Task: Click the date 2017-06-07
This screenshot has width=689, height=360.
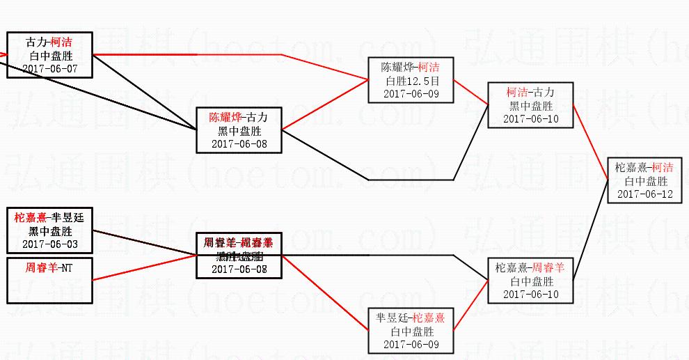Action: tap(50, 68)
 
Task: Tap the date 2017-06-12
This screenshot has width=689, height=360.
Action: tap(644, 194)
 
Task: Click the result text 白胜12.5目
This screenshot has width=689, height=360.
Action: tap(411, 81)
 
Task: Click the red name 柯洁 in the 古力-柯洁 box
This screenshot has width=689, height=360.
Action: tap(61, 42)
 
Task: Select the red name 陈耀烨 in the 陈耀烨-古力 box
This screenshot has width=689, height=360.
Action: tap(225, 117)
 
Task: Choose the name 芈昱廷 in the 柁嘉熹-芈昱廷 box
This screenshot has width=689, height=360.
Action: tap(67, 217)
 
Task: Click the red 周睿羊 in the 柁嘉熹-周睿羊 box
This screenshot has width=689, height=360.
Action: tap(548, 267)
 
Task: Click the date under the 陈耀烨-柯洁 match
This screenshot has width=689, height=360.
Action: tap(411, 94)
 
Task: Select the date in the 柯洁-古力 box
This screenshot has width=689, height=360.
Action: tap(530, 119)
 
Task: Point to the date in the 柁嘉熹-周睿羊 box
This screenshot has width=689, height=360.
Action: tap(530, 295)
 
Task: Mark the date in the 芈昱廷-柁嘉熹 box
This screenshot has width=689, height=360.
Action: tap(411, 345)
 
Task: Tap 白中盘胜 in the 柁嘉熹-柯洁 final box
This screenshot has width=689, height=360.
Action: tap(644, 180)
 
